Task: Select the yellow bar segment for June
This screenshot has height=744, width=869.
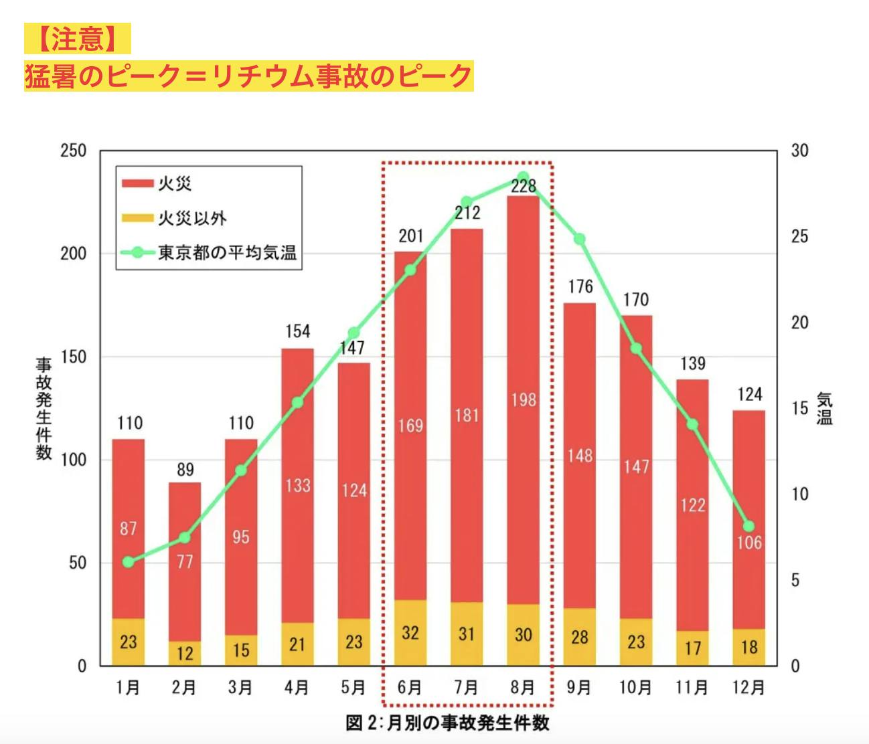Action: [x=410, y=632]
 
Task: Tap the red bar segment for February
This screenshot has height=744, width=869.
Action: [x=185, y=561]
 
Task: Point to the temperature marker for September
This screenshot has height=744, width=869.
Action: [x=580, y=239]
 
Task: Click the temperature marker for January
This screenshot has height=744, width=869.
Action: [x=129, y=562]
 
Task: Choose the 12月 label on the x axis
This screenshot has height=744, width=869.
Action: [x=748, y=687]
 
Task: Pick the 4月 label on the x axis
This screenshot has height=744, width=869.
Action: [x=297, y=687]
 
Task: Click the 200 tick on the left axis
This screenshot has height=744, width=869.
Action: [x=74, y=254]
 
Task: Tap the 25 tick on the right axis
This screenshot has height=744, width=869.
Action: [x=799, y=236]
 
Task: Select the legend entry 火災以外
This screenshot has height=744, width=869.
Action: [x=192, y=218]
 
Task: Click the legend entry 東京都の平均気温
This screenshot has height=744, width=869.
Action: [x=227, y=254]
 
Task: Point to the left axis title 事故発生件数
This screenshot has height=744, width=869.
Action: [x=44, y=408]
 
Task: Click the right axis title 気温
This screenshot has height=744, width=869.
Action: [x=825, y=409]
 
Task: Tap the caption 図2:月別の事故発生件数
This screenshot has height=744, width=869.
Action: [x=447, y=723]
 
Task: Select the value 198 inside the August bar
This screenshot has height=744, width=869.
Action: [x=524, y=399]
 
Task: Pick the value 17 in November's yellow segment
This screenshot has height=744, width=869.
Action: [x=692, y=648]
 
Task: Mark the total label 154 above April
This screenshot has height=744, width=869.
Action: [x=297, y=331]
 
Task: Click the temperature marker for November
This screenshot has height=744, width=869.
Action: [x=692, y=424]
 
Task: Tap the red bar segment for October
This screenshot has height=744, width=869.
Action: [x=636, y=401]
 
